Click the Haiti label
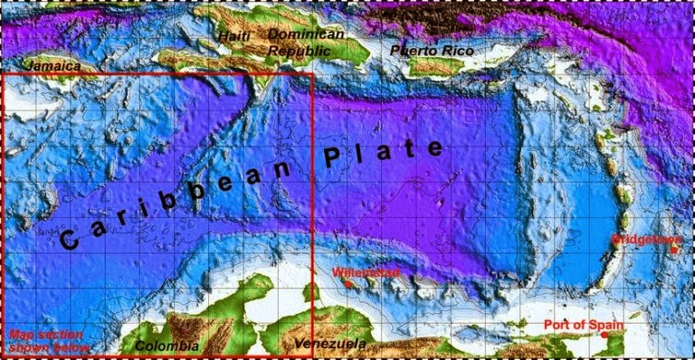(x=233, y=36)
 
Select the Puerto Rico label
(x=433, y=51)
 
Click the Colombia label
(x=166, y=346)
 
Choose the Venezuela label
(x=330, y=345)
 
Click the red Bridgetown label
(x=642, y=240)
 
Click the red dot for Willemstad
(x=348, y=284)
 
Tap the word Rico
(x=458, y=51)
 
